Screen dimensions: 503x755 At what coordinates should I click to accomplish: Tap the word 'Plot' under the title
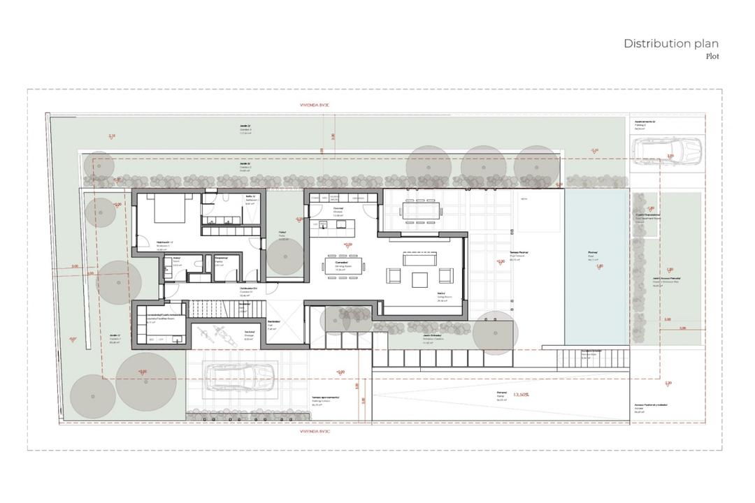click(x=712, y=56)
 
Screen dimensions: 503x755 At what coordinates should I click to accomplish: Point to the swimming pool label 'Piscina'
click(x=592, y=254)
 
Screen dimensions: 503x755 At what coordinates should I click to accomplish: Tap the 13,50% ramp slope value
click(x=521, y=395)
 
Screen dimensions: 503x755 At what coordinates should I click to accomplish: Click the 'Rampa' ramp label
click(x=501, y=393)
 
